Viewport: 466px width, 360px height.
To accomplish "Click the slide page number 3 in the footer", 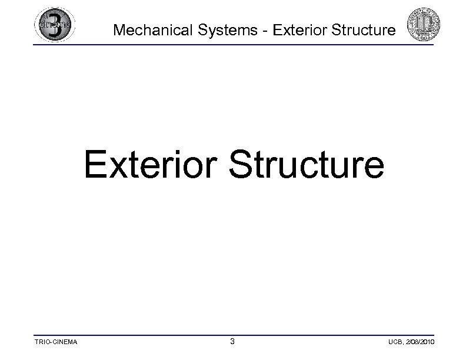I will tap(232, 341).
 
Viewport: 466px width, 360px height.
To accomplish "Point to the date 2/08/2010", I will tap(418, 342).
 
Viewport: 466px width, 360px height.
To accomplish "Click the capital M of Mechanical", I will tap(118, 30).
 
